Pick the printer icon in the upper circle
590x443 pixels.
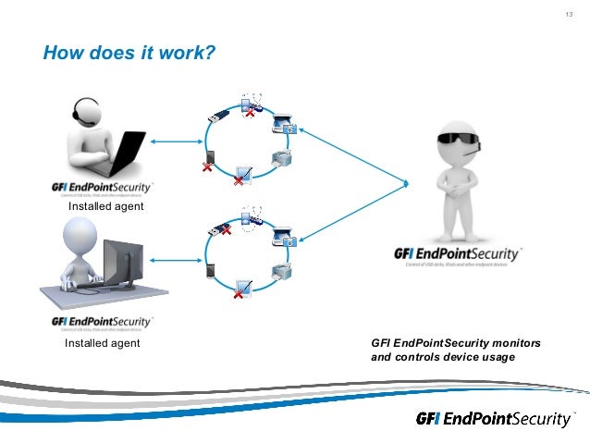pos(281,158)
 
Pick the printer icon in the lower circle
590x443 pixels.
pos(282,271)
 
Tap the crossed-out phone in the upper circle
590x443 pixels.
pos(210,160)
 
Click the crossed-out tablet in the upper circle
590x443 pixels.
pos(243,174)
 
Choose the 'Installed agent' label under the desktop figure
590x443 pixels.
pos(102,343)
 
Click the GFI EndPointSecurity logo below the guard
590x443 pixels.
pos(458,254)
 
